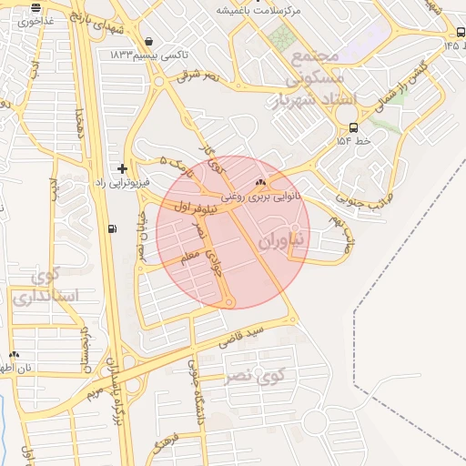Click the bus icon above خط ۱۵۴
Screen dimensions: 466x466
click(x=353, y=127)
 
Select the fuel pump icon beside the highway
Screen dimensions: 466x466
click(x=112, y=228)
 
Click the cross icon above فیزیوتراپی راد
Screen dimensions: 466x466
click(x=122, y=169)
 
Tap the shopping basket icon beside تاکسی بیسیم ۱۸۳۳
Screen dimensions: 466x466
click(x=148, y=41)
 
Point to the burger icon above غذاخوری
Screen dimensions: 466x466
click(x=35, y=7)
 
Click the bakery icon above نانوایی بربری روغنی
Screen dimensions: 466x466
click(x=261, y=182)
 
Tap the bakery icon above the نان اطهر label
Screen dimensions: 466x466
click(x=14, y=355)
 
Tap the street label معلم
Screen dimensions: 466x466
click(x=190, y=258)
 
